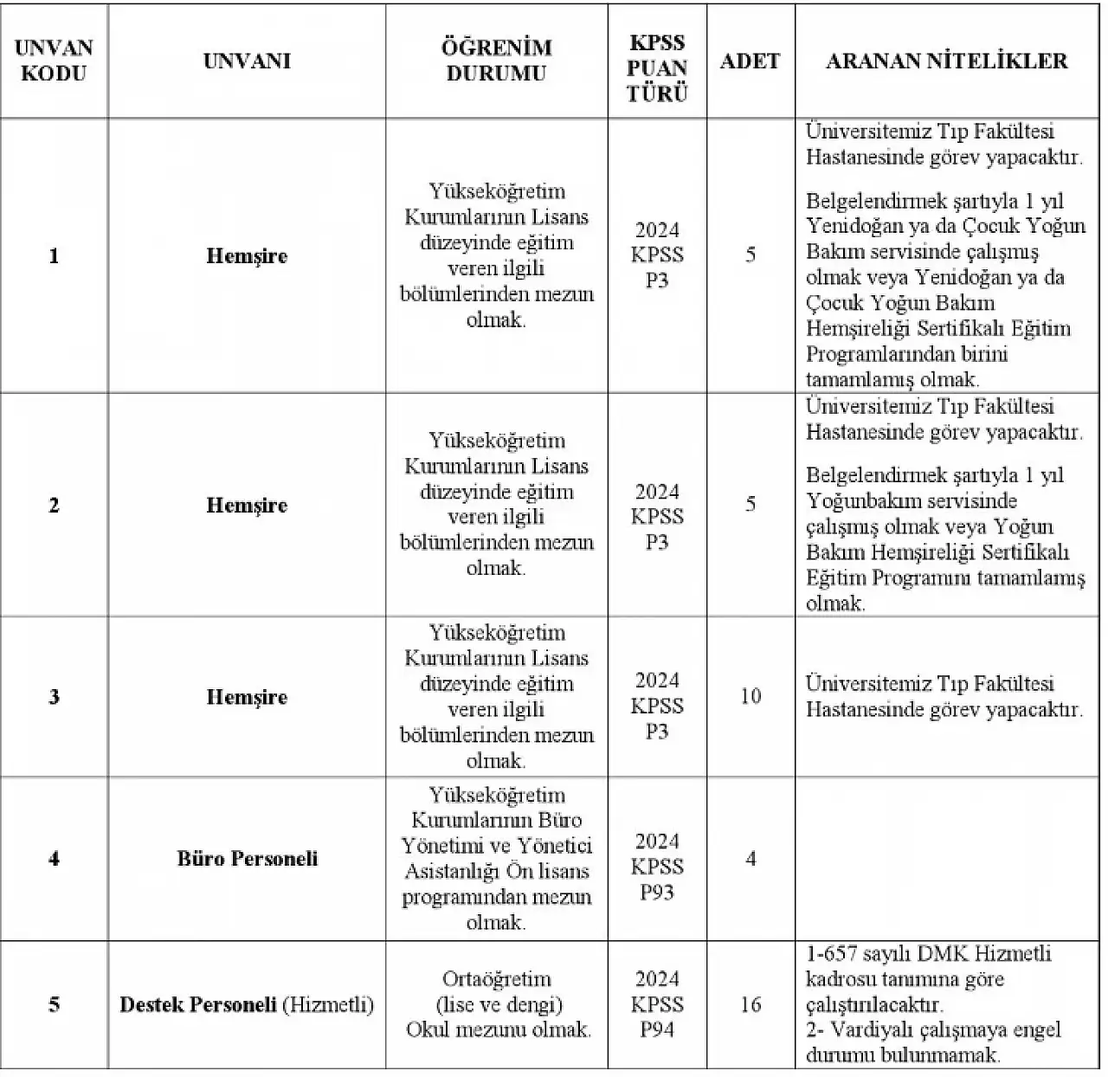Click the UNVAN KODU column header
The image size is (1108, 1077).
point(54,61)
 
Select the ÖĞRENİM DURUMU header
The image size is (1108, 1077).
point(496,61)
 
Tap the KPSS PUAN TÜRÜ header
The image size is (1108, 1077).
point(657,68)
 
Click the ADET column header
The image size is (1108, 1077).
point(750,61)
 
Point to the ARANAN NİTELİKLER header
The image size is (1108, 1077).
point(947,61)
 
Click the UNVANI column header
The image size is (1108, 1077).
point(247,61)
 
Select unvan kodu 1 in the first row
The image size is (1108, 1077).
point(54,256)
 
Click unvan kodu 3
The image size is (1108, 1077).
point(54,698)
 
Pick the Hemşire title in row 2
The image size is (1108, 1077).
point(247,506)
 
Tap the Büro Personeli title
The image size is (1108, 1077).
point(247,859)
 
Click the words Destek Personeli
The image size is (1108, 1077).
point(197,1005)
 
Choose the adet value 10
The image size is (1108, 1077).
point(750,696)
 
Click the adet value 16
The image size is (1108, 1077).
point(750,1004)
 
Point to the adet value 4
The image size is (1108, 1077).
point(750,859)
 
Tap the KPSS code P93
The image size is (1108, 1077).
point(657,893)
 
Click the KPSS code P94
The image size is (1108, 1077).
point(657,1029)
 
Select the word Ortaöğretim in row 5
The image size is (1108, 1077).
point(496,979)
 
